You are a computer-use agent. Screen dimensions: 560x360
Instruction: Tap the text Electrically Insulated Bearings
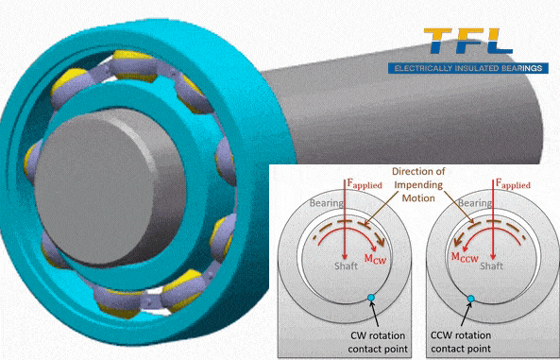click(469, 68)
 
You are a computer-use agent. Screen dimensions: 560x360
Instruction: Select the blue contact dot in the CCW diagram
click(472, 299)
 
